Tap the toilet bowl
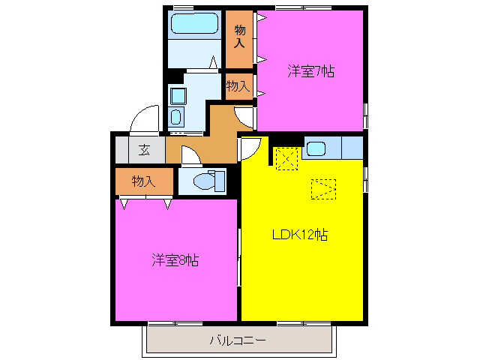203,181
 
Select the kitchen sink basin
316,148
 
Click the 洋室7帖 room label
310,72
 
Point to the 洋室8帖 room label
175,260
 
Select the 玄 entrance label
143,149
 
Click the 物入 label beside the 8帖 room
143,181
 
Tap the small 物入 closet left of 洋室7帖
238,86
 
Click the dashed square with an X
286,158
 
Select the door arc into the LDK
250,148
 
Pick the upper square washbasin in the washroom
177,95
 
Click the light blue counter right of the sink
352,148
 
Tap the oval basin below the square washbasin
176,117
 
